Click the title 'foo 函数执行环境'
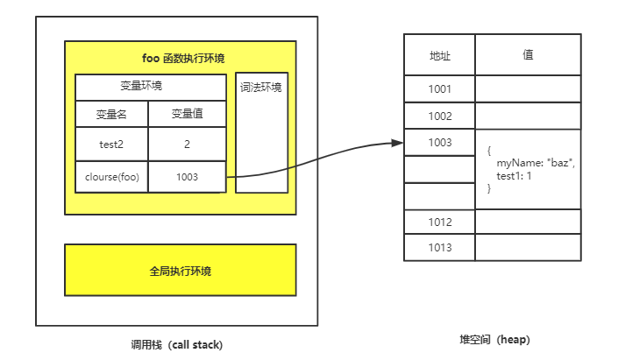pyautogui.click(x=183, y=59)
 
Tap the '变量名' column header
pyautogui.click(x=111, y=114)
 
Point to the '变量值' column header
pyautogui.click(x=187, y=114)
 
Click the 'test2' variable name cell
pyautogui.click(x=111, y=144)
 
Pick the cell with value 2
pyautogui.click(x=187, y=144)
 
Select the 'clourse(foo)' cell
pyautogui.click(x=111, y=177)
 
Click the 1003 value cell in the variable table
pyautogui.click(x=187, y=177)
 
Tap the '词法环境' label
pyautogui.click(x=261, y=88)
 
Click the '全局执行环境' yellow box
pyautogui.click(x=180, y=271)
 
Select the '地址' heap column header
pyautogui.click(x=439, y=54)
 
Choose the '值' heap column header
pyautogui.click(x=528, y=54)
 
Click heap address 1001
pyautogui.click(x=439, y=89)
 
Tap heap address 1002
pyautogui.click(x=439, y=116)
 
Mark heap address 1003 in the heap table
pyautogui.click(x=439, y=142)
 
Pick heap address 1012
pyautogui.click(x=439, y=222)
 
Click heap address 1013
pyautogui.click(x=439, y=248)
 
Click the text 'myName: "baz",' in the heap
pyautogui.click(x=536, y=163)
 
